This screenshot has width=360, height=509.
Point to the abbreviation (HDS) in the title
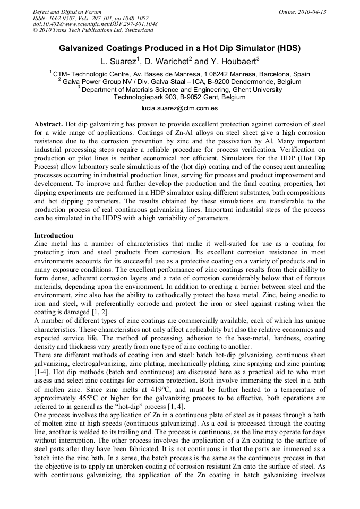287,48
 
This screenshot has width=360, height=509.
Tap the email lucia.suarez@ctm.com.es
179,108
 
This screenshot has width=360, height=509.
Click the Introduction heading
54,235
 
